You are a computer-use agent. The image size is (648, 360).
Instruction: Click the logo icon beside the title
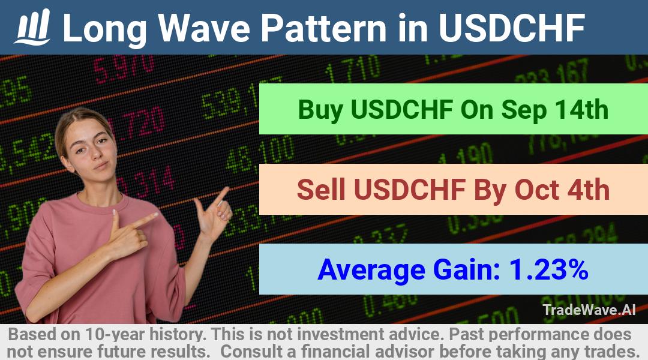pos(32,27)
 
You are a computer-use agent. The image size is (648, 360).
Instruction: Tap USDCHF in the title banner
pos(512,28)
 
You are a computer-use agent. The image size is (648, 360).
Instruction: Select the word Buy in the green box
pos(320,110)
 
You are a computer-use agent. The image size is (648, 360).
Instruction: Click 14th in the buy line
pos(581,110)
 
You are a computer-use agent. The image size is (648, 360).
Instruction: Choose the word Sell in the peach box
pos(320,190)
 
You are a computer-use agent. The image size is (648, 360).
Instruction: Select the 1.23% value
pos(549,269)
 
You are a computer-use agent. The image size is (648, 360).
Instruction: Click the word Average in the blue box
pos(371,270)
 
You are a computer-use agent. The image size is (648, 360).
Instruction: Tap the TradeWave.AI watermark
pos(589,310)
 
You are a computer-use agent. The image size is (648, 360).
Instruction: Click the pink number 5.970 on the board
pos(124,68)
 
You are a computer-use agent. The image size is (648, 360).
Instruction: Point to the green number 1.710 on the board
pos(353,68)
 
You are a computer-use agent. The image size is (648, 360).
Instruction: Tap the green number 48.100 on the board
pos(260,155)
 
